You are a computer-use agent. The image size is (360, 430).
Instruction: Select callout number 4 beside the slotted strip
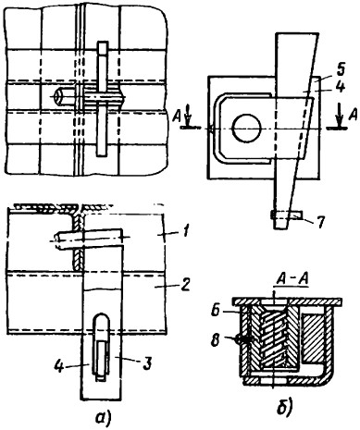(58, 366)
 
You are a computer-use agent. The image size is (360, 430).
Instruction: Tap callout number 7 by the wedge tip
(320, 222)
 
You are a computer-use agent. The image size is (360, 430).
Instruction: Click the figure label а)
(100, 418)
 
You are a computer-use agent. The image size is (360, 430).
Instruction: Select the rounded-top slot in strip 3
(101, 347)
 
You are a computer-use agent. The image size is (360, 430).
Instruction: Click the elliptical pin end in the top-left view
(57, 97)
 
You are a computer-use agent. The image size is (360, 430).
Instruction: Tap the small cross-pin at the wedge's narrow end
(287, 215)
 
